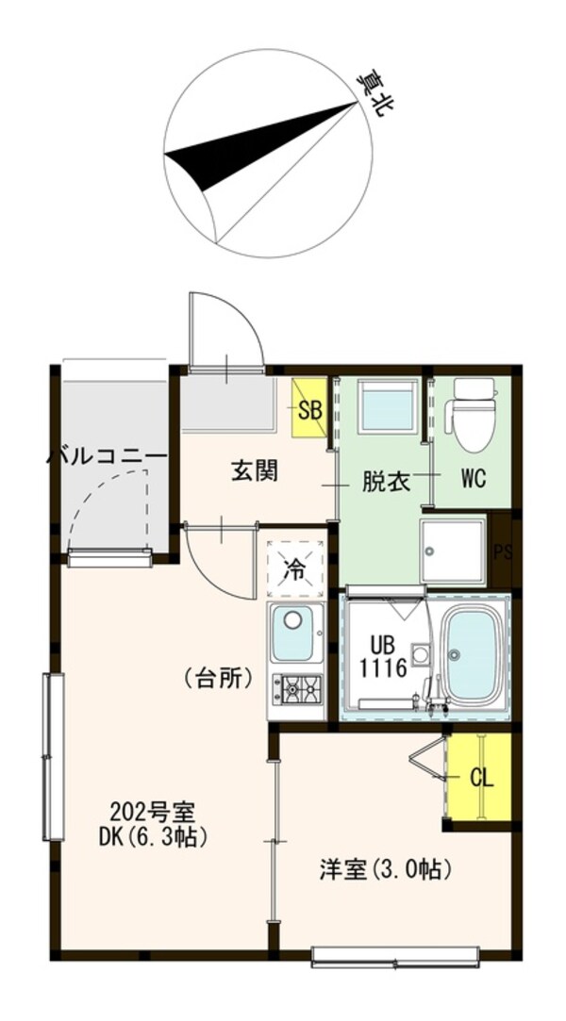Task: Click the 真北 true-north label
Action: tap(375, 94)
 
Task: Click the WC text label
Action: tap(473, 479)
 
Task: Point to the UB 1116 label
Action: tap(388, 658)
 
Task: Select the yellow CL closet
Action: tap(479, 779)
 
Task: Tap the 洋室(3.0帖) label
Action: tap(385, 868)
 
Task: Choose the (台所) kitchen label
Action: tap(219, 677)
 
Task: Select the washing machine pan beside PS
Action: tap(454, 551)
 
